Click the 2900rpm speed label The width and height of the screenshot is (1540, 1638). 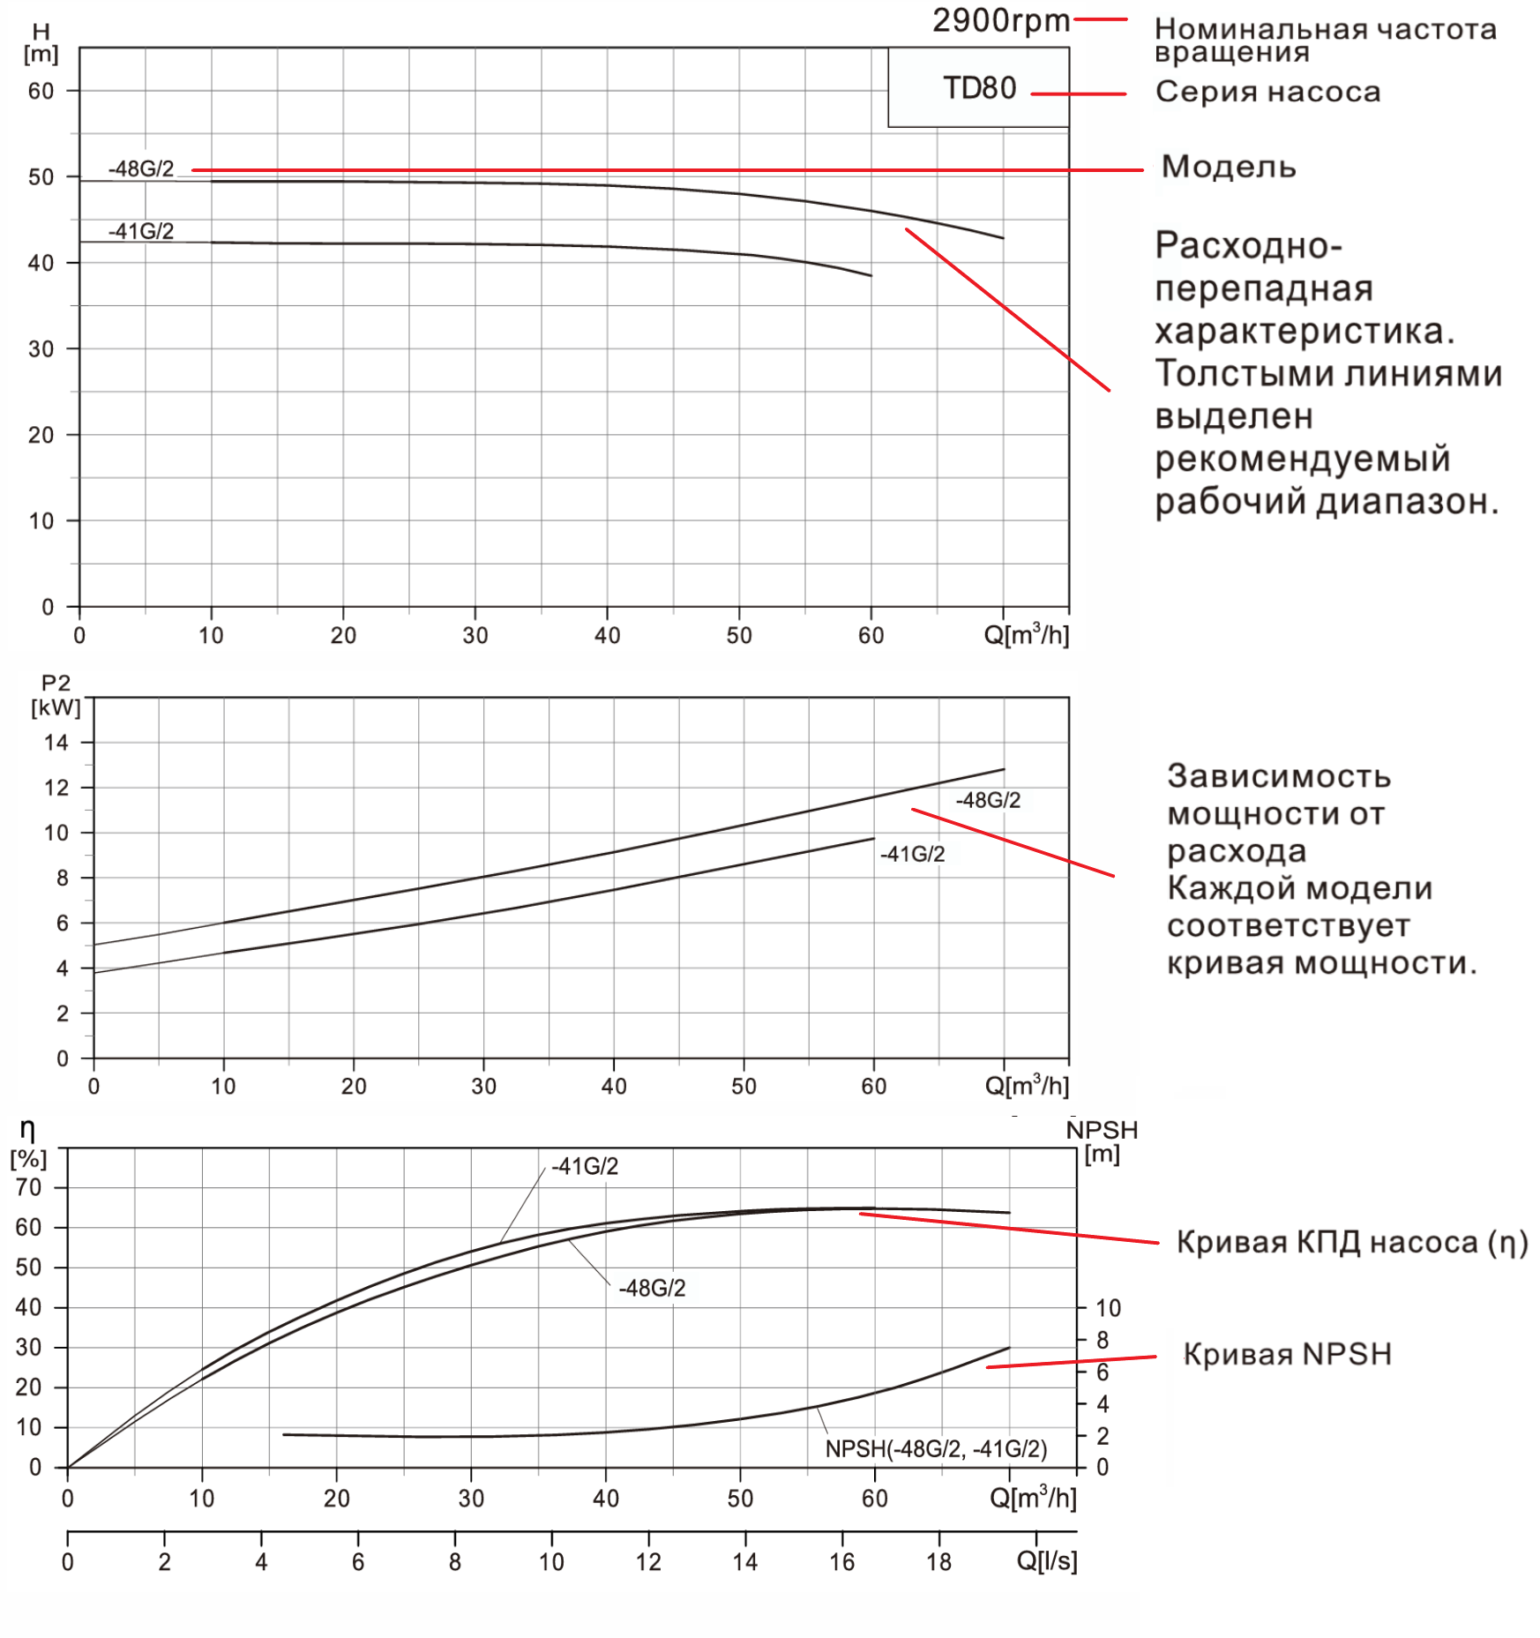pos(1001,19)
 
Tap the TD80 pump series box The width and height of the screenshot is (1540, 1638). pos(979,88)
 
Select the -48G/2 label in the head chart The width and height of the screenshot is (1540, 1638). pos(141,168)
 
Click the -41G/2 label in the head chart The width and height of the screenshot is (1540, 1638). pos(141,231)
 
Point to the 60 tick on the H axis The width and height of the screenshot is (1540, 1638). pos(41,91)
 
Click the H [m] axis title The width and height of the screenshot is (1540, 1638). pos(41,43)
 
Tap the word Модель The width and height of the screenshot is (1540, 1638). pos(1228,167)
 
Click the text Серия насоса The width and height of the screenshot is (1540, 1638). pos(1267,92)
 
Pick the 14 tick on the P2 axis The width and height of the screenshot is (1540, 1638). pos(56,743)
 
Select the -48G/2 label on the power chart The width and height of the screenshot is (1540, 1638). pos(988,800)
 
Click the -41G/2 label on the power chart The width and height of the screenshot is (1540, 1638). pos(912,854)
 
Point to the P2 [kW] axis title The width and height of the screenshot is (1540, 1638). pos(55,695)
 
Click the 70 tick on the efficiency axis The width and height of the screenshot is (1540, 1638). pos(28,1187)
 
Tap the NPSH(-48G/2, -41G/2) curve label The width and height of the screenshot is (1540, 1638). pos(936,1448)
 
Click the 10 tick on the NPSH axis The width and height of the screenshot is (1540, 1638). pos(1108,1308)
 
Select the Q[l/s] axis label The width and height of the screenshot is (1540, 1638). pos(1046,1560)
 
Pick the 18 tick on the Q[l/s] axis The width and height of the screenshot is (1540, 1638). pos(938,1561)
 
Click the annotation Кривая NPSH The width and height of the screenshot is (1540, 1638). pos(1287,1354)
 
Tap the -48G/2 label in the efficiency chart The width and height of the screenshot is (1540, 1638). pos(652,1288)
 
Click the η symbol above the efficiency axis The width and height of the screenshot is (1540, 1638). pos(27,1130)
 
